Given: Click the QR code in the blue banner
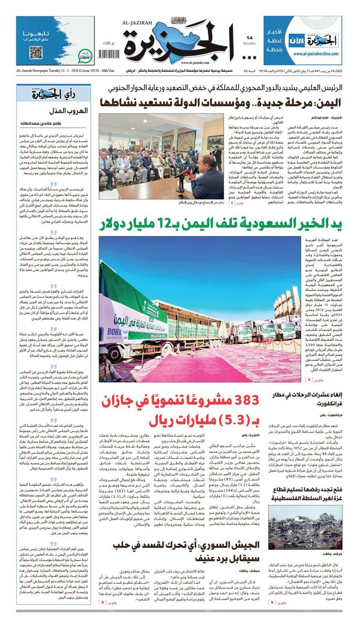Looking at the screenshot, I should pos(36,53).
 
